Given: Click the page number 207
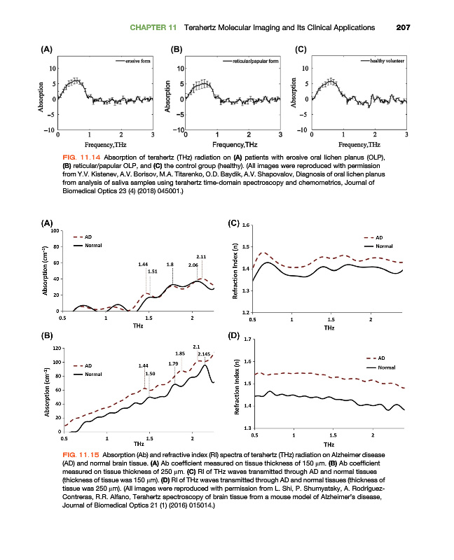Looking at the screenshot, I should coord(402,27).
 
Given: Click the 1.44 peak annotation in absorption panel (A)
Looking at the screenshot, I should coord(144,264).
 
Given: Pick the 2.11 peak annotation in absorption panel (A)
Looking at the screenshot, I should coord(200,257).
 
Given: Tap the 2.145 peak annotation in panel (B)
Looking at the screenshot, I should coord(204,354).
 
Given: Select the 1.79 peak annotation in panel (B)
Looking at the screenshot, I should coord(173,363).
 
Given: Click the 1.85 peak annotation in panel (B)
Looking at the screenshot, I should coord(180,353).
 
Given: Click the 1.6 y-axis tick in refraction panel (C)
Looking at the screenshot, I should coord(245,225).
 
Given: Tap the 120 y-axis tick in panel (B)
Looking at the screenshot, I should coord(57,348).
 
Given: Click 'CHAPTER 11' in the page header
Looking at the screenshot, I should coord(153,27).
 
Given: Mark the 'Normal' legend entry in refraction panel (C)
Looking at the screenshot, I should coord(385,246).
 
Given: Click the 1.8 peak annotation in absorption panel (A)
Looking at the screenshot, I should coord(170,264).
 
